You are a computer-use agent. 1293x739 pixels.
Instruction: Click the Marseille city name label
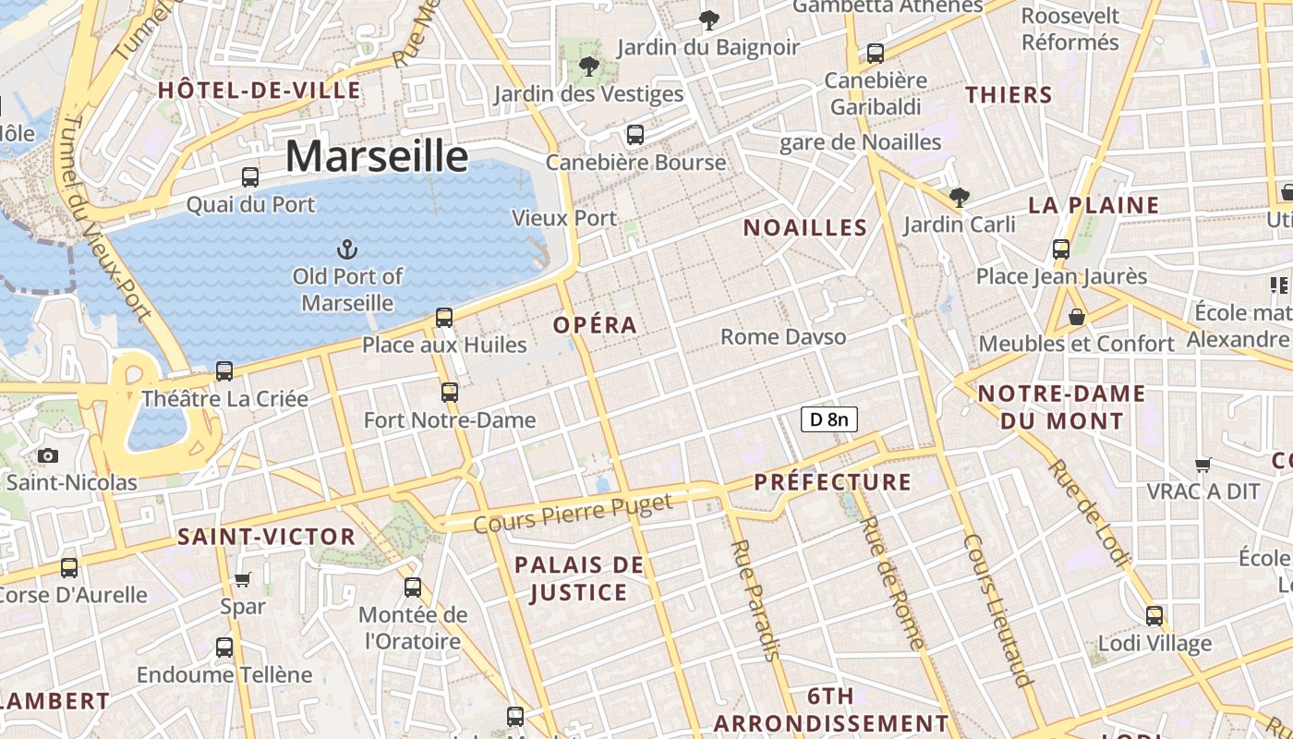[376, 156]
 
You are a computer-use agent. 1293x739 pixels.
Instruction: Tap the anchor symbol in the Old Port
[347, 248]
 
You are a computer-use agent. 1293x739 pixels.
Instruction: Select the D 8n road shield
[828, 419]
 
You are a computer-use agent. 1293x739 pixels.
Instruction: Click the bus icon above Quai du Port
[250, 177]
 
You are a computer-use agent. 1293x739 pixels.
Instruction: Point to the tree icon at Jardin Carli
[959, 197]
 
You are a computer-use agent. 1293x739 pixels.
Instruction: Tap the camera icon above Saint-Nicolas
[48, 455]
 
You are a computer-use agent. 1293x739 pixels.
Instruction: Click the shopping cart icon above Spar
[242, 579]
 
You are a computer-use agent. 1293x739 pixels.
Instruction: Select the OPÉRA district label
[595, 325]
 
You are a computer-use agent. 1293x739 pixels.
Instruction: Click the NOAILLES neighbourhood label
[805, 228]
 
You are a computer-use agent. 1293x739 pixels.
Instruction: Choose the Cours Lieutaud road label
[997, 611]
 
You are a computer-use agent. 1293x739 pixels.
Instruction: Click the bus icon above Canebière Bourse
[634, 135]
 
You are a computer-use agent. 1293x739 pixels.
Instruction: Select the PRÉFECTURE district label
[832, 482]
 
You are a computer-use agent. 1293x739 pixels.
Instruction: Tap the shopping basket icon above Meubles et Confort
[1076, 317]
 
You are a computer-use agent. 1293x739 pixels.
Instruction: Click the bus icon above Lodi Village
[1154, 616]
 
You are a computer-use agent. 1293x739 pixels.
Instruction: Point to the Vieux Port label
[563, 219]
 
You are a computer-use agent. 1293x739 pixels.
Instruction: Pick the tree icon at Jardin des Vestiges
[588, 67]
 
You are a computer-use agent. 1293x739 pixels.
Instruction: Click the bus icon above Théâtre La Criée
[224, 371]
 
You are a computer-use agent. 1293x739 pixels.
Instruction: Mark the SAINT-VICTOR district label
[266, 537]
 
